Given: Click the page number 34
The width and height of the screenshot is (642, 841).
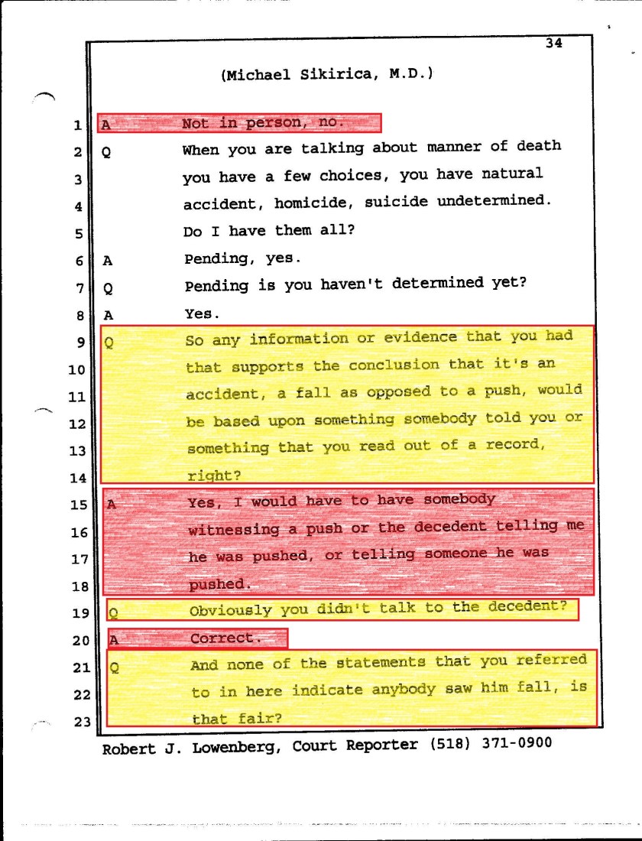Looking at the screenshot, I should coord(554,44).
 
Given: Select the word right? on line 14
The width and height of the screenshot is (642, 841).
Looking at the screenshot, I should coord(214,476).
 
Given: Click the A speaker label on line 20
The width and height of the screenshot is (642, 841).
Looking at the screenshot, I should coord(114,638).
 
